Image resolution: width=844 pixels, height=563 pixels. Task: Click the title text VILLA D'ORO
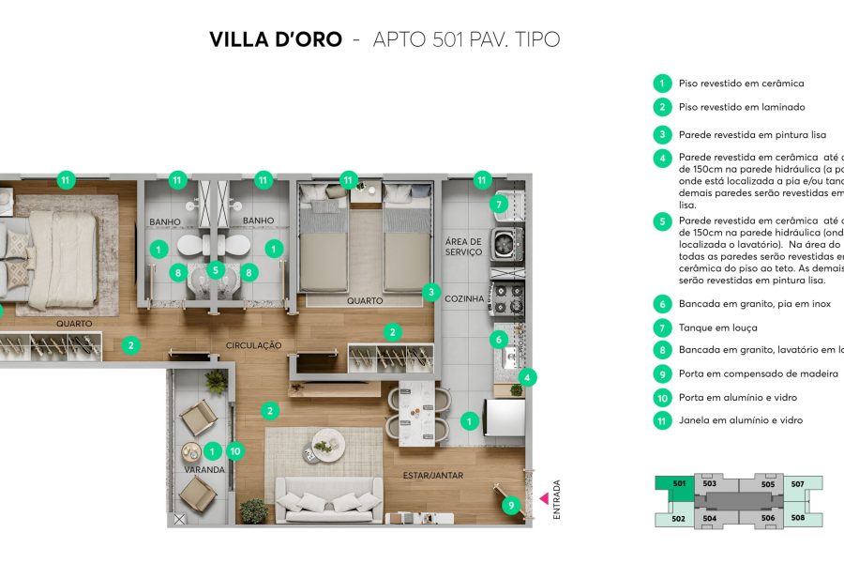pos(276,39)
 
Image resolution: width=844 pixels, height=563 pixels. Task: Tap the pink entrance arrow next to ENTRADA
pos(543,497)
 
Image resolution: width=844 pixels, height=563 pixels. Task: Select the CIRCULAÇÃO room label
pos(253,345)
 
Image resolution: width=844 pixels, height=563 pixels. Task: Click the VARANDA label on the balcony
pos(203,469)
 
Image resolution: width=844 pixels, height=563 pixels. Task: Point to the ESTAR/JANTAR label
pos(432,476)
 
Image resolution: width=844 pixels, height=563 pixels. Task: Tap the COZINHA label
pos(465,299)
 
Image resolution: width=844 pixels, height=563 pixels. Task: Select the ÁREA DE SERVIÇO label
pos(463,247)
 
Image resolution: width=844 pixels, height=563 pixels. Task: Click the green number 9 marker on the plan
pos(510,505)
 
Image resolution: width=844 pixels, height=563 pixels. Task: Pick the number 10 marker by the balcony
pos(234,450)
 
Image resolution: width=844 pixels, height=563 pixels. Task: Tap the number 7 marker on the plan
pos(499,204)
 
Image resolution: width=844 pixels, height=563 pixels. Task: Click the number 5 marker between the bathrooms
pos(215,270)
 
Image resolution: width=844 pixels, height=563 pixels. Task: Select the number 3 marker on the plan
pos(430,292)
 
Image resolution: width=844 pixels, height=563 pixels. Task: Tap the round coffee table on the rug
pos(327,441)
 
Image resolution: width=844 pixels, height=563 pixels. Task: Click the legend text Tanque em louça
pos(717,327)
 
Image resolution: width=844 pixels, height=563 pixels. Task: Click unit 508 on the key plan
pos(798,517)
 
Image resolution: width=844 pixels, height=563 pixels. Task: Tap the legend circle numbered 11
pos(662,420)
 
